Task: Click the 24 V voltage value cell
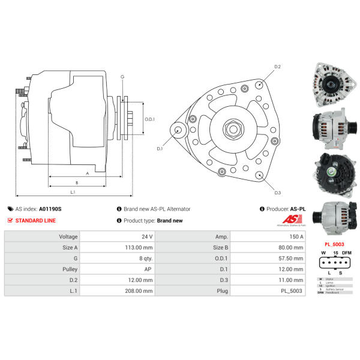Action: (147, 236)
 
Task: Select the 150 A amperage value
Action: (296, 236)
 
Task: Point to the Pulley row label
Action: (70, 269)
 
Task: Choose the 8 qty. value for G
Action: (145, 258)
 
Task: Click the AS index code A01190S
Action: (50, 209)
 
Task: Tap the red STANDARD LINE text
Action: (35, 220)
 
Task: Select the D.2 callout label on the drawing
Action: (278, 67)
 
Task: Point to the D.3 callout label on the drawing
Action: (278, 193)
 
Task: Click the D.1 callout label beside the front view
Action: (160, 148)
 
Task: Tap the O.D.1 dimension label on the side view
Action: (150, 119)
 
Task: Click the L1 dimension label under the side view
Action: (72, 191)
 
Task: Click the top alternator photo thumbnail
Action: (331, 86)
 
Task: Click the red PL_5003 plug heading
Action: (334, 244)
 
